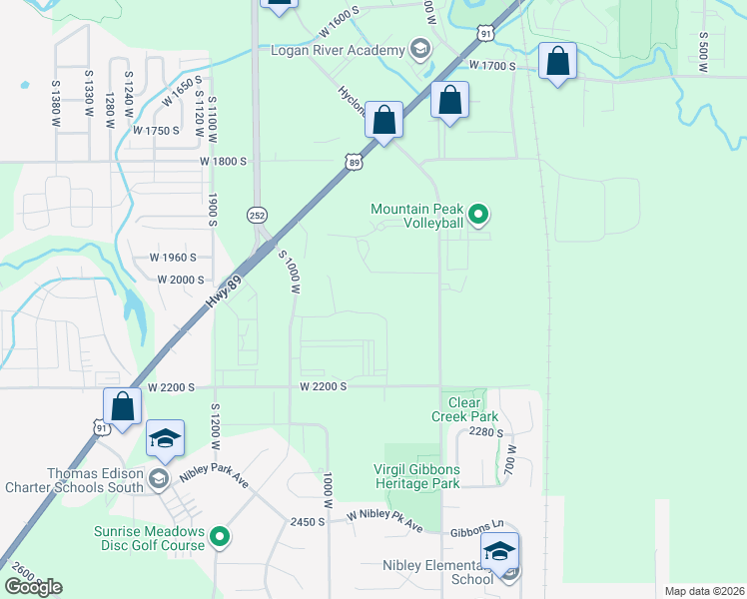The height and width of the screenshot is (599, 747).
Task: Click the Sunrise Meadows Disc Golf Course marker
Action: pyautogui.click(x=221, y=538)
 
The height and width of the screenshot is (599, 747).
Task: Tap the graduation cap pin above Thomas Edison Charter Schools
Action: pyautogui.click(x=165, y=439)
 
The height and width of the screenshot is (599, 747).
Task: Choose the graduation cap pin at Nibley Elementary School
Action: pyautogui.click(x=500, y=551)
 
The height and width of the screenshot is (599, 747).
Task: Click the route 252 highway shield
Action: pyautogui.click(x=256, y=214)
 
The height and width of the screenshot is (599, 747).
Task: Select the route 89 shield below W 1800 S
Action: pyautogui.click(x=354, y=162)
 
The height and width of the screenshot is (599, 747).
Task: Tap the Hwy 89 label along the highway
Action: pyautogui.click(x=227, y=298)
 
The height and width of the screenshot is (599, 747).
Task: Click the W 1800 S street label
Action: pyautogui.click(x=223, y=161)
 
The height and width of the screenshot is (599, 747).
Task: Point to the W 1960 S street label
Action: pyautogui.click(x=173, y=258)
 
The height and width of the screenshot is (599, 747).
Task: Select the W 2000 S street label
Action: pyautogui.click(x=180, y=280)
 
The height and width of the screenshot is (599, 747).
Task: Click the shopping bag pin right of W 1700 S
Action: pyautogui.click(x=557, y=62)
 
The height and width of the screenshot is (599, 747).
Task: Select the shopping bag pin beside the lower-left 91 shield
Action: pyautogui.click(x=123, y=407)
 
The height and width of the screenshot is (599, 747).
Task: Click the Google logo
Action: pyautogui.click(x=33, y=587)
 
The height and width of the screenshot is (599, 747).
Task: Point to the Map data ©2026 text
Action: pyautogui.click(x=704, y=591)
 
